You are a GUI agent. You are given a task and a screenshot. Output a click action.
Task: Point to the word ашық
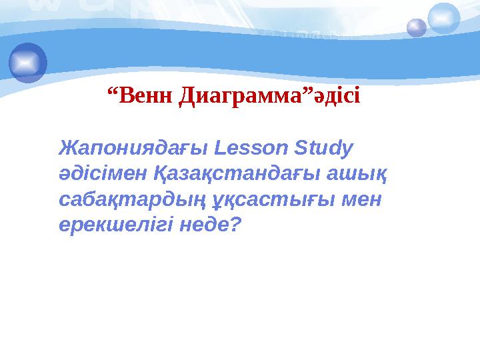pos(363,174)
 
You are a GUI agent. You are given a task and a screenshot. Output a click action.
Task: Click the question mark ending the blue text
pos(235,225)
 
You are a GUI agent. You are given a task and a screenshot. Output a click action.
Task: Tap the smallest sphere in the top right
pos(417,28)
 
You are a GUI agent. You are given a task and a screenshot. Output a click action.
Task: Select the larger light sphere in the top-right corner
pos(444,18)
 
